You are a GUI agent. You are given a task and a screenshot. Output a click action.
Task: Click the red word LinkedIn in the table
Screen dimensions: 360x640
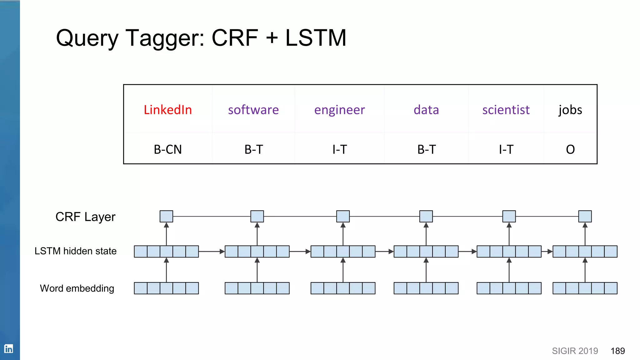[168, 110]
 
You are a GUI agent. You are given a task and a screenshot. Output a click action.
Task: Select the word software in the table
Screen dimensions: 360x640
[253, 110]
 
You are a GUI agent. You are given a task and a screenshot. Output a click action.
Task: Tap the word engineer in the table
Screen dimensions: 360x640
[339, 110]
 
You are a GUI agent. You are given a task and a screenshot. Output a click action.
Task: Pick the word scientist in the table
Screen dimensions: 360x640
[506, 110]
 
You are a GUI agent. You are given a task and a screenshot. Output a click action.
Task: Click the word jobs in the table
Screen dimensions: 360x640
[570, 110]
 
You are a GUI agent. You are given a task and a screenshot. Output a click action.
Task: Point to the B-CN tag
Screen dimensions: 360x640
[168, 149]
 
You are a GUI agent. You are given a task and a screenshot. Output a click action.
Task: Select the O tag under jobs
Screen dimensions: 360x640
[570, 149]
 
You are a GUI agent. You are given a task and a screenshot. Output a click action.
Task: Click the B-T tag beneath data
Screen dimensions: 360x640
[427, 149]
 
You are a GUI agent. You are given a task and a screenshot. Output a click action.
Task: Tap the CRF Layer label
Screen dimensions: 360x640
[85, 217]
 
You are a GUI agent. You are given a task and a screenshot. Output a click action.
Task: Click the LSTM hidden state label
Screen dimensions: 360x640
[75, 251]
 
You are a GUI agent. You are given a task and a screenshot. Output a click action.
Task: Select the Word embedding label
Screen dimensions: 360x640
[77, 288]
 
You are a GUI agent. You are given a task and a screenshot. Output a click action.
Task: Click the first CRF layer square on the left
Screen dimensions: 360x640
[166, 216]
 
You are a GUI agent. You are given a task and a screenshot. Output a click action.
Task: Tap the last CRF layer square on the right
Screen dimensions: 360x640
[585, 216]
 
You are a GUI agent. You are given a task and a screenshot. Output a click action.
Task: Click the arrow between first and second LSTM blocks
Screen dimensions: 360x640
[212, 251]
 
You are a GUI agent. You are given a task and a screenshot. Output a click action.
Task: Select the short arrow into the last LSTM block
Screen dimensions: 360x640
[547, 251]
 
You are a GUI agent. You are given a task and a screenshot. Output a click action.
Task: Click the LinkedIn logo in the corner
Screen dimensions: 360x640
[8, 348]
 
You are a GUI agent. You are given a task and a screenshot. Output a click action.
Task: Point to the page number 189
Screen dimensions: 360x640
[617, 351]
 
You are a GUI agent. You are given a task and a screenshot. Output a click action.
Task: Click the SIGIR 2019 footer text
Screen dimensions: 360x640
[575, 351]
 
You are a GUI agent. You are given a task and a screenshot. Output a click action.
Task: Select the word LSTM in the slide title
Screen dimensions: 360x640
[316, 38]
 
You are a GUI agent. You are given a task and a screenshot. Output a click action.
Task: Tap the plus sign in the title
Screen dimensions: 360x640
[272, 38]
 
